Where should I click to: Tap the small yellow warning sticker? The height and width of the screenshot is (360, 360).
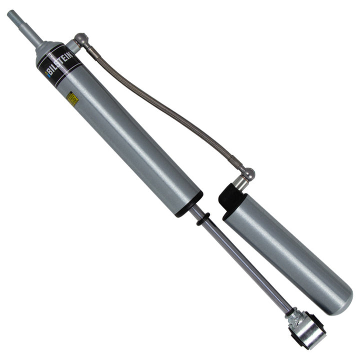click(x=72, y=98)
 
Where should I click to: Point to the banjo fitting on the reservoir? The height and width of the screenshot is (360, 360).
click(x=246, y=174)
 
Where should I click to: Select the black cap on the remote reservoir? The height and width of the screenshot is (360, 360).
click(x=230, y=197)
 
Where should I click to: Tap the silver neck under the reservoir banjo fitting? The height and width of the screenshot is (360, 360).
click(x=241, y=183)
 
